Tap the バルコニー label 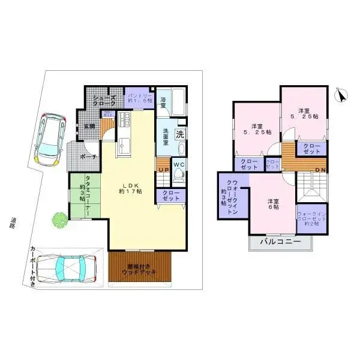point(280,242)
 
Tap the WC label point(178,164)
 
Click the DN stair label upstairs point(320,170)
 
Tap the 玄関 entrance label point(89,127)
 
